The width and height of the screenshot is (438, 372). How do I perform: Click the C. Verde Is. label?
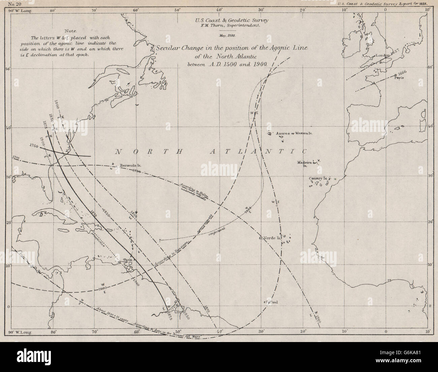pos(269,238)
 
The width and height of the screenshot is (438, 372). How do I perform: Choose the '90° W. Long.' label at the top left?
pos(20,10)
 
